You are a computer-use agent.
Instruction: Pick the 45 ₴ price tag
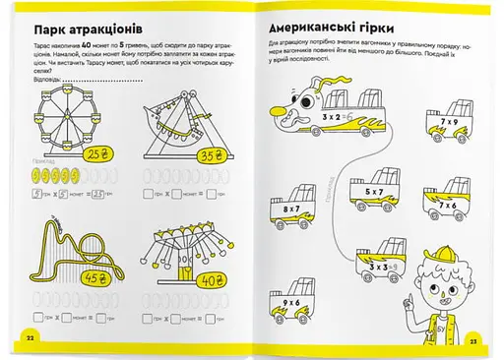point(95,277)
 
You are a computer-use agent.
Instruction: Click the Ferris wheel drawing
point(70,119)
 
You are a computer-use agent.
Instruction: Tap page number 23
point(472,337)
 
